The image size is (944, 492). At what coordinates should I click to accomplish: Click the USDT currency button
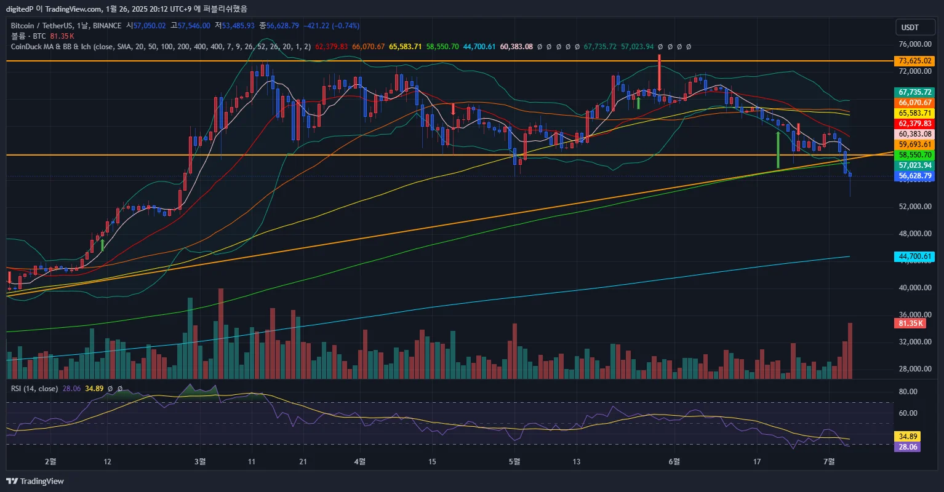910,28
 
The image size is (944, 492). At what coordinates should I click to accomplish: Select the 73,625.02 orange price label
914,61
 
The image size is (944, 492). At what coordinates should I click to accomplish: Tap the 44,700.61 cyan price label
914,256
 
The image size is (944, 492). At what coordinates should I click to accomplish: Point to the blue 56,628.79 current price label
914,176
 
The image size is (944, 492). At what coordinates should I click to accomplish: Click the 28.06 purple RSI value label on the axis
907,447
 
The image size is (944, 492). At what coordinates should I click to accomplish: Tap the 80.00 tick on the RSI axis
908,392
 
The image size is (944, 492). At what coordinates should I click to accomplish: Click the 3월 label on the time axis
199,461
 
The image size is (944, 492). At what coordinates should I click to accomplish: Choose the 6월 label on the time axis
675,461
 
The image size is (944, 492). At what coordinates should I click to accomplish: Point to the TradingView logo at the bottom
36,481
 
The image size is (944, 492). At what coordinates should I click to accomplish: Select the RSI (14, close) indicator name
34,389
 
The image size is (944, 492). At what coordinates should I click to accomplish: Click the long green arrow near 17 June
778,149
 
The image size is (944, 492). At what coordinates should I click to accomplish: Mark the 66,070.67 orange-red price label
914,102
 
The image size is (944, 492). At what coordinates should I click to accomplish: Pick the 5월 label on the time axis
516,461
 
